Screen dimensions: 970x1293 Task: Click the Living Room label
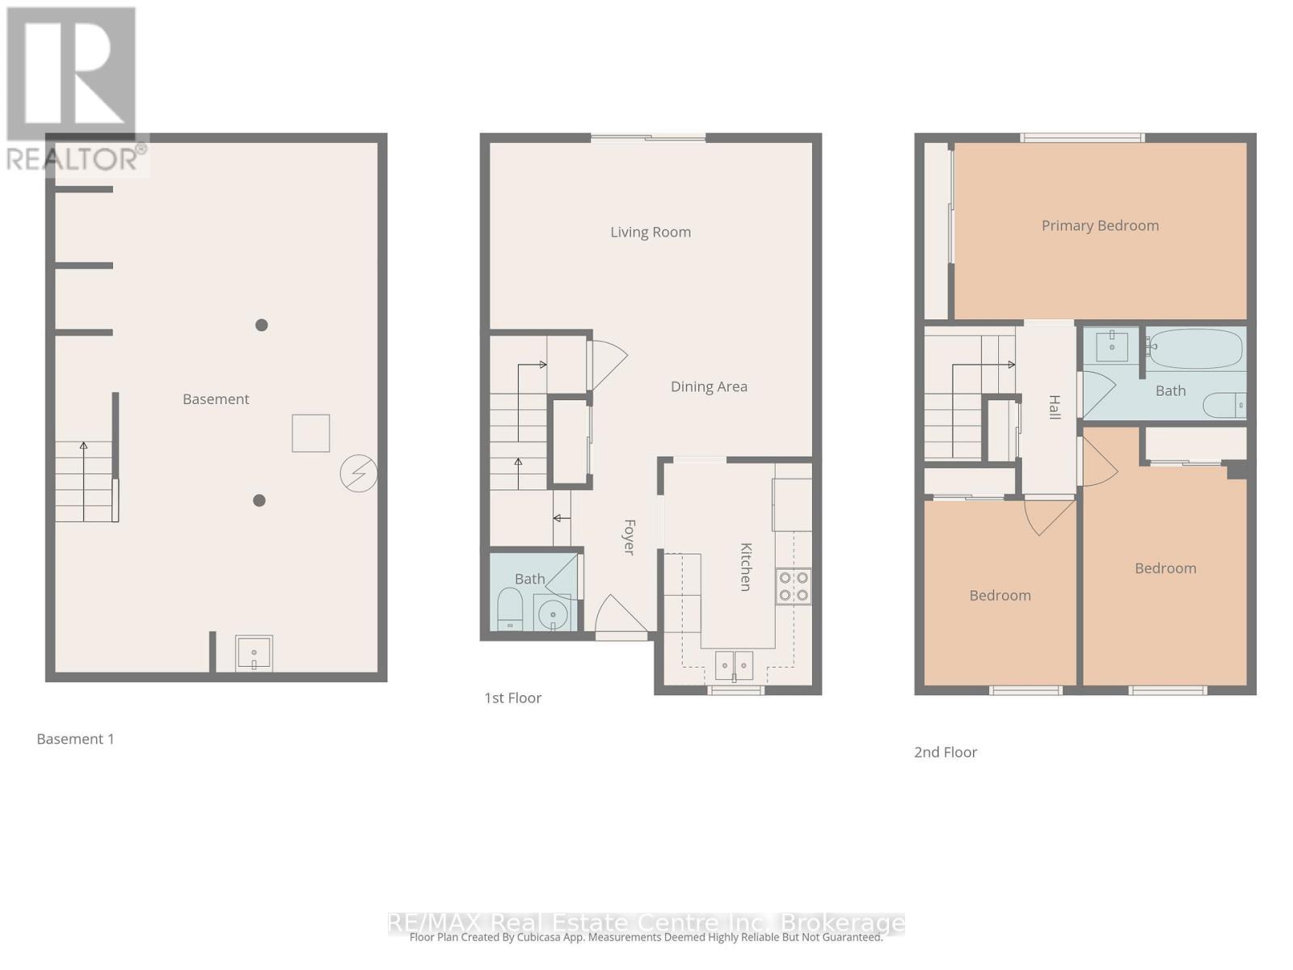coord(651,233)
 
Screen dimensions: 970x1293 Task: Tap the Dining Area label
coord(709,387)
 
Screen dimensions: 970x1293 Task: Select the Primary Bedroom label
coord(1100,226)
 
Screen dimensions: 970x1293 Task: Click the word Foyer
coord(629,537)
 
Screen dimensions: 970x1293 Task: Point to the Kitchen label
coord(746,567)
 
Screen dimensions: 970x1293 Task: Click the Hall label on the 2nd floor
coord(1054,407)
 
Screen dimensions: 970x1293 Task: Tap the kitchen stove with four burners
coord(793,587)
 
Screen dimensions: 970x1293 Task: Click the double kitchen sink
coord(734,665)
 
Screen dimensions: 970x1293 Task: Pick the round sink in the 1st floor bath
coord(553,614)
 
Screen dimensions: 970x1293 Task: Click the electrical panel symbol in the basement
coord(358,473)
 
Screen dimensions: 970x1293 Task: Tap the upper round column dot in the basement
coord(262,325)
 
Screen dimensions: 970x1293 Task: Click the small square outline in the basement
coord(311,433)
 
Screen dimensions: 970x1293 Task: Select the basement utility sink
coord(254,653)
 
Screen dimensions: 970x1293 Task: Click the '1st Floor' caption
coord(512,698)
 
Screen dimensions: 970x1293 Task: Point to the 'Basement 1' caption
coord(76,740)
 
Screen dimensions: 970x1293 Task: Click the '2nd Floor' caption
coord(946,753)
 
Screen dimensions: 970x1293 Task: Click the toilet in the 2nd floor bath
coord(1224,405)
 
